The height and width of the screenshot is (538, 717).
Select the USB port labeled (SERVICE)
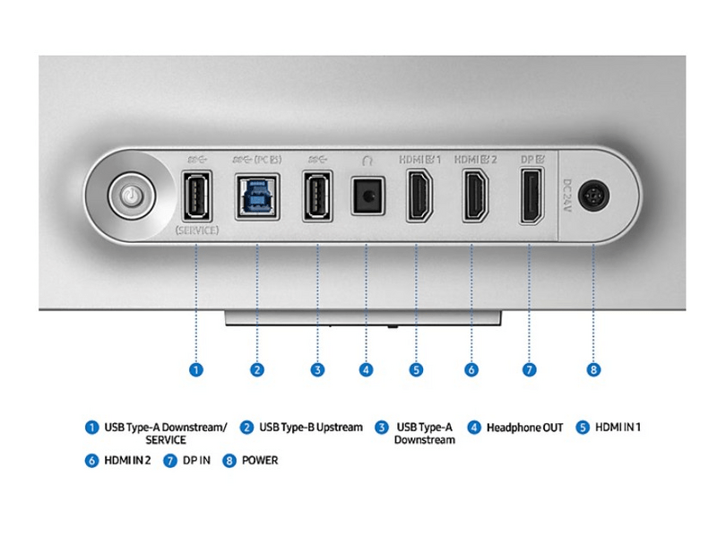click(x=195, y=195)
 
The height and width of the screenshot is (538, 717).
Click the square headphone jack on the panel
click(x=366, y=195)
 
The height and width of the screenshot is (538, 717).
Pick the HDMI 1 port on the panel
click(x=418, y=195)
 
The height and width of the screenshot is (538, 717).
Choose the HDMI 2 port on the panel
click(x=473, y=195)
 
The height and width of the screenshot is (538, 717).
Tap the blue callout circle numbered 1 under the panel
click(x=195, y=369)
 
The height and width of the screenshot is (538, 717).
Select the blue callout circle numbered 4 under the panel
click(x=366, y=369)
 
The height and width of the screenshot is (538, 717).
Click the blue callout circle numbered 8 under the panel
click(x=593, y=369)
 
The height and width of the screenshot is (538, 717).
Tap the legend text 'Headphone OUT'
click(x=524, y=428)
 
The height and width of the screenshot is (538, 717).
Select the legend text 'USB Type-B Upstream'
click(x=310, y=428)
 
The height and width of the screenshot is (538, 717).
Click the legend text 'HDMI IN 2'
click(x=127, y=461)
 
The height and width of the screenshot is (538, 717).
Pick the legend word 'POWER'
click(x=260, y=461)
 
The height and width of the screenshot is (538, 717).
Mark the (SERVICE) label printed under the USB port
click(x=195, y=230)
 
